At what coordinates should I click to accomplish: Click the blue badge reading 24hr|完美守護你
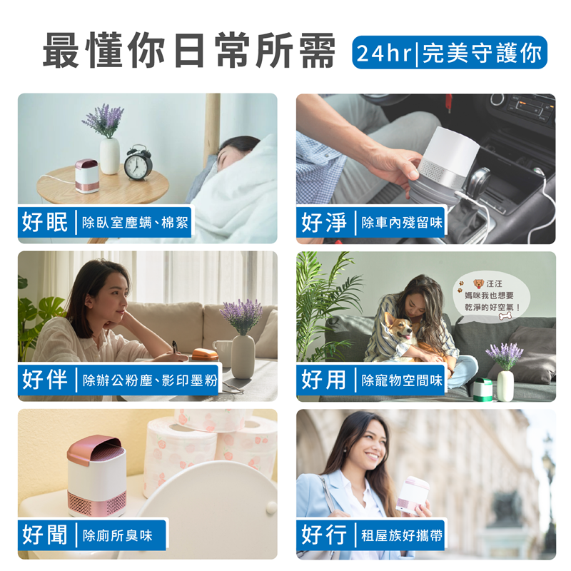tap(450, 52)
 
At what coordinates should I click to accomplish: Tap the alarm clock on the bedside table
tap(138, 163)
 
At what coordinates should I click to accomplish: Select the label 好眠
tap(45, 221)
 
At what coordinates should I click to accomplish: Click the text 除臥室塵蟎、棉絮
tap(135, 223)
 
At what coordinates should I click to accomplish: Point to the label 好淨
tap(324, 222)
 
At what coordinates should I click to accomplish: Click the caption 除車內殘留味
tap(402, 223)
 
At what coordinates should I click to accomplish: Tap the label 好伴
tap(45, 379)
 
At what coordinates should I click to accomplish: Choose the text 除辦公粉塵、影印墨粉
tap(150, 380)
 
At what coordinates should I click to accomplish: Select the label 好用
tap(324, 380)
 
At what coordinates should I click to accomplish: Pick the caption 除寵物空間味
tap(402, 380)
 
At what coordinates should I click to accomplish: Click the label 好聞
tap(45, 535)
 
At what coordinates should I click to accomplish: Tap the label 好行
tap(324, 535)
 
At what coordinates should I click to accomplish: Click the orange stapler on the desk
tap(205, 354)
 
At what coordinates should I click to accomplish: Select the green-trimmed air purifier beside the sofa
tap(482, 390)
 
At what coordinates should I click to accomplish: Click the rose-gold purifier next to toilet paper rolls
tap(97, 475)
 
